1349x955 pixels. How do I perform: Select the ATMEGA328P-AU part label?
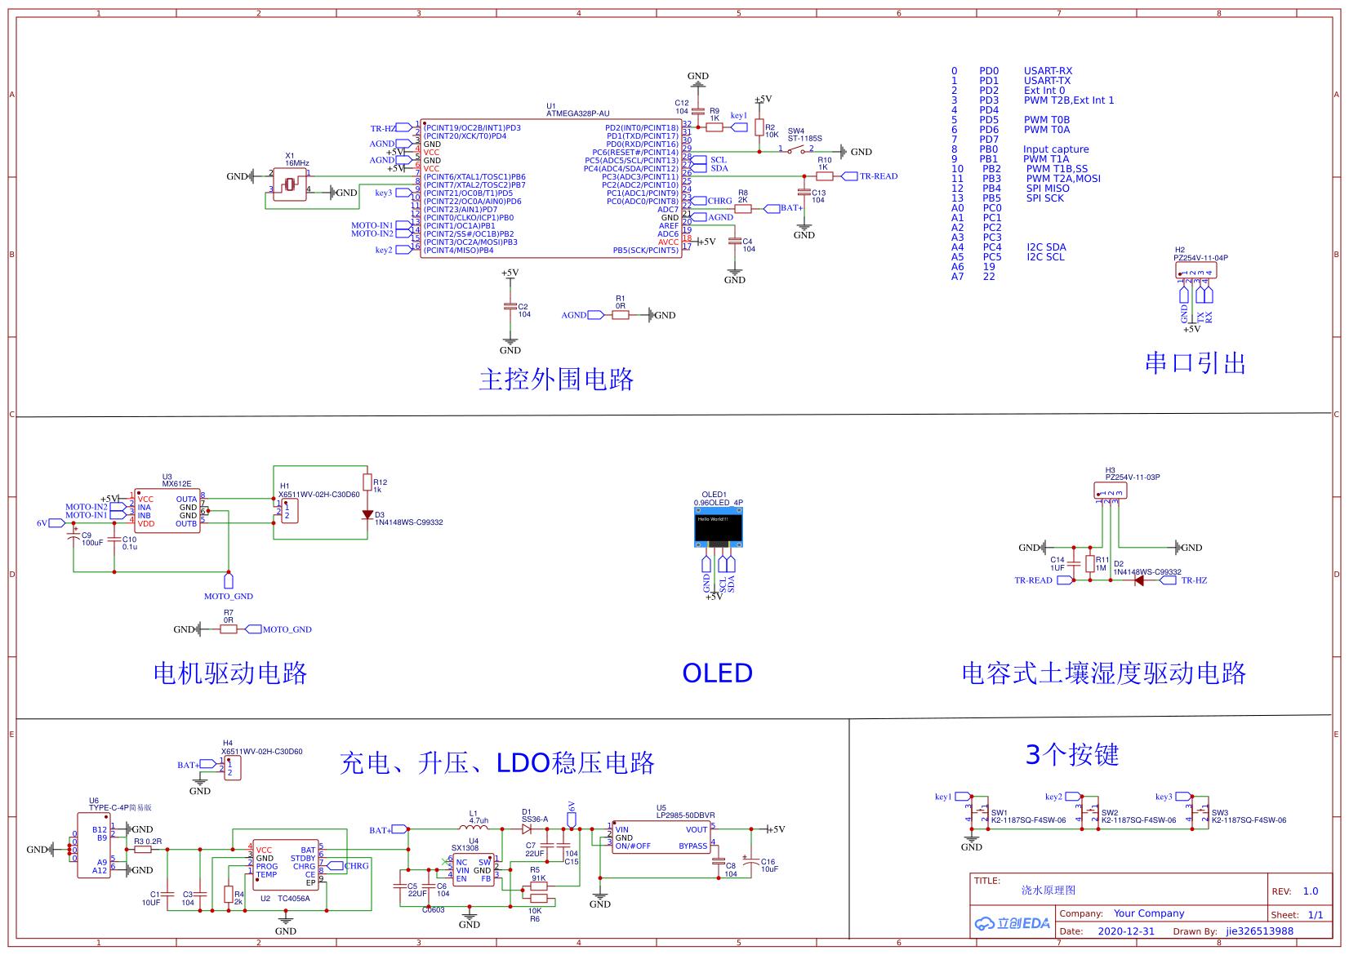click(x=577, y=113)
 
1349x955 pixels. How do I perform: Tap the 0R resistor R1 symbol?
click(x=621, y=315)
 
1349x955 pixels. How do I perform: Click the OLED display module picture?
click(x=718, y=529)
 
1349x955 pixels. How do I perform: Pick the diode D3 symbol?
click(x=367, y=515)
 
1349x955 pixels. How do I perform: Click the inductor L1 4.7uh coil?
click(x=474, y=828)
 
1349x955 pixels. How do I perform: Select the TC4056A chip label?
click(x=293, y=899)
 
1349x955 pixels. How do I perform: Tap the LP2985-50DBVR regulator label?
click(x=685, y=815)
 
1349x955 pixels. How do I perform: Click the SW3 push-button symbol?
click(x=1200, y=812)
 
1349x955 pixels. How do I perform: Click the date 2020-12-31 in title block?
click(x=1126, y=931)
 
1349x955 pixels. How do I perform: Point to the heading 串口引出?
click(x=1195, y=363)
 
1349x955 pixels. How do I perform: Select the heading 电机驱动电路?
click(x=230, y=673)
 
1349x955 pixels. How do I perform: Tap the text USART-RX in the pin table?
click(x=1048, y=71)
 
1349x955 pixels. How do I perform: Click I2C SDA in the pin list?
click(x=1046, y=247)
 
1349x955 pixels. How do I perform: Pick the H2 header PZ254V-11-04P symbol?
click(x=1195, y=269)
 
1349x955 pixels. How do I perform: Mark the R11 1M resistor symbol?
click(x=1090, y=564)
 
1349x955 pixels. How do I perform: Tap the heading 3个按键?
click(x=1071, y=755)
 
